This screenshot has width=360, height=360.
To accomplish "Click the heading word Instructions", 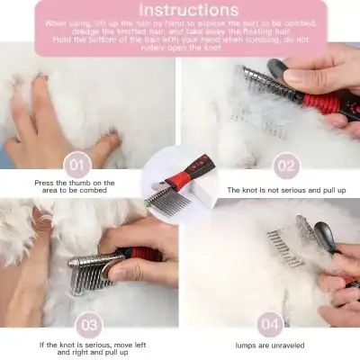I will (x=179, y=11).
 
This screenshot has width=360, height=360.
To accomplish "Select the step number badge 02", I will (x=284, y=166).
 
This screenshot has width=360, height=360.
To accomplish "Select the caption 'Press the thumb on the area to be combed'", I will (x=75, y=186).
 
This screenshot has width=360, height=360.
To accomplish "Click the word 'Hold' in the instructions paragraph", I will (x=61, y=38).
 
